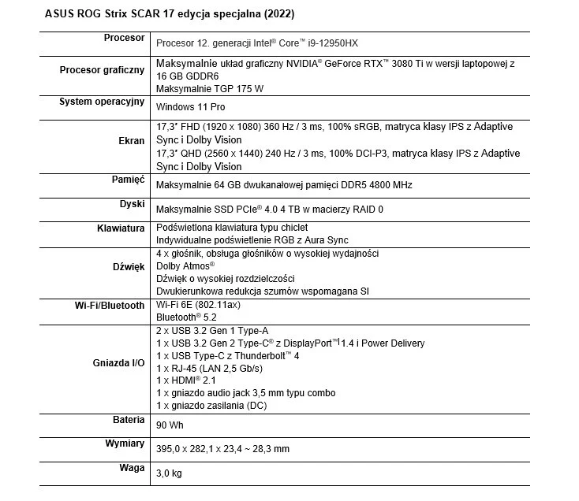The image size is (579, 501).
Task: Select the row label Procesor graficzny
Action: [102, 70]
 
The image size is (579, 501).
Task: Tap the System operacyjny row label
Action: [102, 102]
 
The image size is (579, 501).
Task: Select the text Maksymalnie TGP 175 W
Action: [210, 89]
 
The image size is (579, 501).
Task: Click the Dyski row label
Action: [131, 204]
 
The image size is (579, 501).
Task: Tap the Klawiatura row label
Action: [117, 228]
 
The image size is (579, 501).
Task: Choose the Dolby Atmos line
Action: [185, 266]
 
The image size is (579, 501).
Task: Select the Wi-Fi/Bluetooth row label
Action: [110, 305]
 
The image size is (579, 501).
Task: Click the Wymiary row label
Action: [125, 443]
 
